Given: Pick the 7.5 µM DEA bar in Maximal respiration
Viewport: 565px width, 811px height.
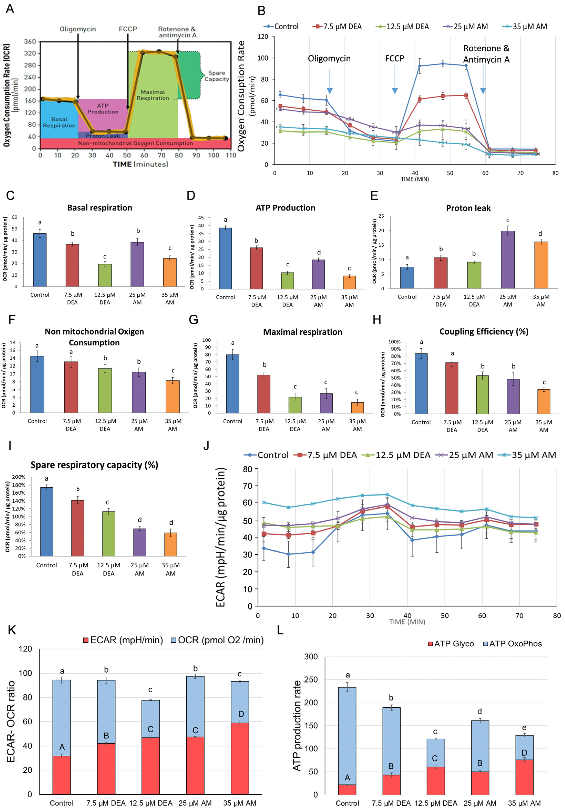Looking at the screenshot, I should [x=264, y=393].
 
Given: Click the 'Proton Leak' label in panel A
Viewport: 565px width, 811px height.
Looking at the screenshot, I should [x=103, y=136].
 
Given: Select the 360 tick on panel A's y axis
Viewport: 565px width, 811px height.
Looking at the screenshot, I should [x=30, y=42].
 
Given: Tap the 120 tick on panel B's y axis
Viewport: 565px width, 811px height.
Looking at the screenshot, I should [x=263, y=37].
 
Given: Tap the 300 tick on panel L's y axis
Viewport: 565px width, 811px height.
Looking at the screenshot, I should [x=311, y=657].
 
